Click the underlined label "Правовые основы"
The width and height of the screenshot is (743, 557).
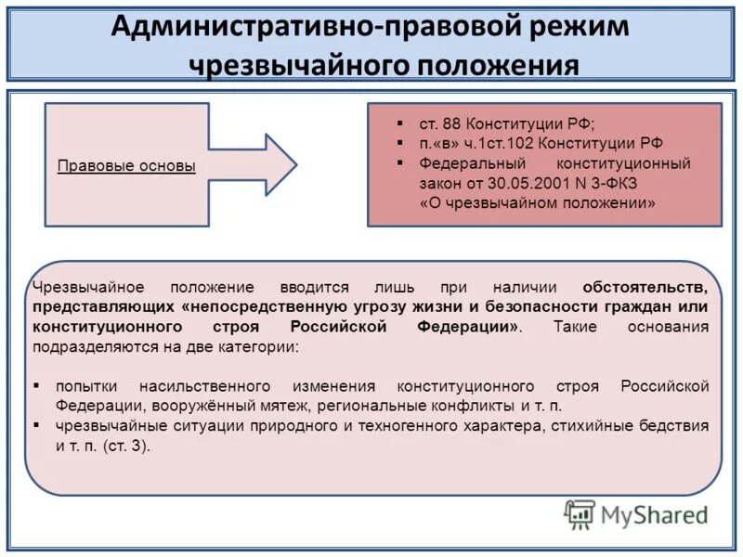point(126,167)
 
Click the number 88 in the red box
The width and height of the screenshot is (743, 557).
point(452,123)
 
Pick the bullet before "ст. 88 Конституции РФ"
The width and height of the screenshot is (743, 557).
point(398,123)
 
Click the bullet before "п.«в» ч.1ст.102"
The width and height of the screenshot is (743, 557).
point(398,144)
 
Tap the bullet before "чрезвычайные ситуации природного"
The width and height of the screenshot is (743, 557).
point(36,426)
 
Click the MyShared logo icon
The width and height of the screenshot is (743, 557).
point(580,513)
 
